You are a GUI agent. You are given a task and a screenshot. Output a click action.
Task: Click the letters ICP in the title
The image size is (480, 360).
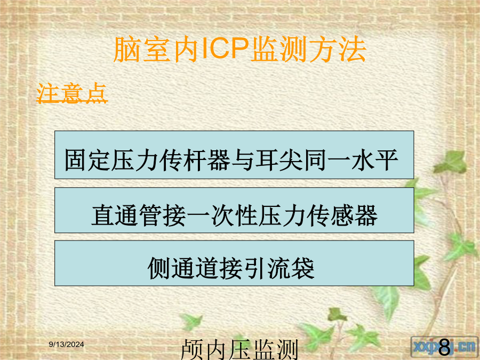click(x=225, y=49)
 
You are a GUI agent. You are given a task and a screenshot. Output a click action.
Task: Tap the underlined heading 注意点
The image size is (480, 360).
click(x=72, y=92)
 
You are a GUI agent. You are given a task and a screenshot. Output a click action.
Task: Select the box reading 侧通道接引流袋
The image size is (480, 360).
click(x=234, y=263)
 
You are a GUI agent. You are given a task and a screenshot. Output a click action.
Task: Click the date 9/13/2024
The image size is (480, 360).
click(x=67, y=345)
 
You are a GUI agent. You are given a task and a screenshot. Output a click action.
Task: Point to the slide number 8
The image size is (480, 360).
click(x=444, y=347)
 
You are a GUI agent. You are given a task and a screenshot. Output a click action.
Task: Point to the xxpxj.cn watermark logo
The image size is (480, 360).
click(x=444, y=347)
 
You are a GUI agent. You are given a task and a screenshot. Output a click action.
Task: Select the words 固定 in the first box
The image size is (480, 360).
click(x=88, y=160)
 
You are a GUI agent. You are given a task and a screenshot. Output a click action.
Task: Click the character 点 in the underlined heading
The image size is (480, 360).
click(x=96, y=92)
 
